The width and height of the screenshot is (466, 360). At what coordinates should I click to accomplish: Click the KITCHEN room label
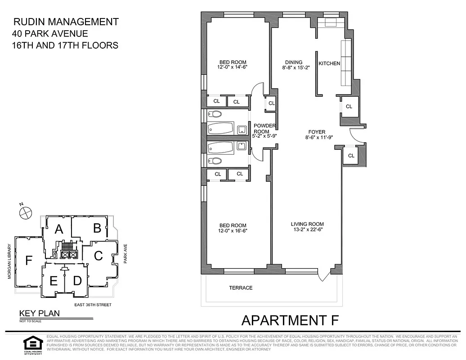(x=329, y=63)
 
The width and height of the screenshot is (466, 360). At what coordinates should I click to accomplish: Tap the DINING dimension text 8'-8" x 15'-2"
(x=294, y=68)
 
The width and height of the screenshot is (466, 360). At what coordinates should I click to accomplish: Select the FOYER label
(x=315, y=132)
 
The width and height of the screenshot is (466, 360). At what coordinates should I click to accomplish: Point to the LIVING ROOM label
(x=307, y=224)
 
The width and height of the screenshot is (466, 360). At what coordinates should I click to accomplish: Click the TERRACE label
(x=241, y=288)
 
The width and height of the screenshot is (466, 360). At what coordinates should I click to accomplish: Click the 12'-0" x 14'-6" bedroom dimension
(x=233, y=67)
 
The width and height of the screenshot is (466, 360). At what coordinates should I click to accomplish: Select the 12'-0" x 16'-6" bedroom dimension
(x=233, y=230)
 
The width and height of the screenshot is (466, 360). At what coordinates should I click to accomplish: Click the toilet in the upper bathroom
(x=216, y=114)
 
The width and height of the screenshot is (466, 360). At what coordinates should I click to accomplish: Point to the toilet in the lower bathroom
(x=216, y=161)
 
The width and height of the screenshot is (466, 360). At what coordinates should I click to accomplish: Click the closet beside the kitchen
(x=349, y=107)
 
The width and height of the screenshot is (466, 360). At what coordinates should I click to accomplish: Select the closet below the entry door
(x=351, y=156)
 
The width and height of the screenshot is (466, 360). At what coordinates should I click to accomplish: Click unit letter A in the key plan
(x=58, y=229)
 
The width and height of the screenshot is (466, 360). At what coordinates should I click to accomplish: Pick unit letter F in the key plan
(x=29, y=261)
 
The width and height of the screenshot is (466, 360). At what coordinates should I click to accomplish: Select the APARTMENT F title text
(x=290, y=320)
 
